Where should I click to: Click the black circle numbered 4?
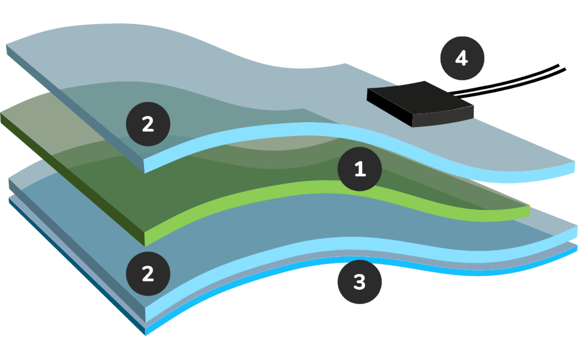point(462,58)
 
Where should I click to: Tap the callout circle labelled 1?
point(359,169)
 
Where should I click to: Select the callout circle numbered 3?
point(359,282)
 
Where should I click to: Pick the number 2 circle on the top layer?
point(148,124)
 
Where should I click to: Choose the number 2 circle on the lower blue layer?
point(148,274)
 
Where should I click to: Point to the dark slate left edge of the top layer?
point(75,108)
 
